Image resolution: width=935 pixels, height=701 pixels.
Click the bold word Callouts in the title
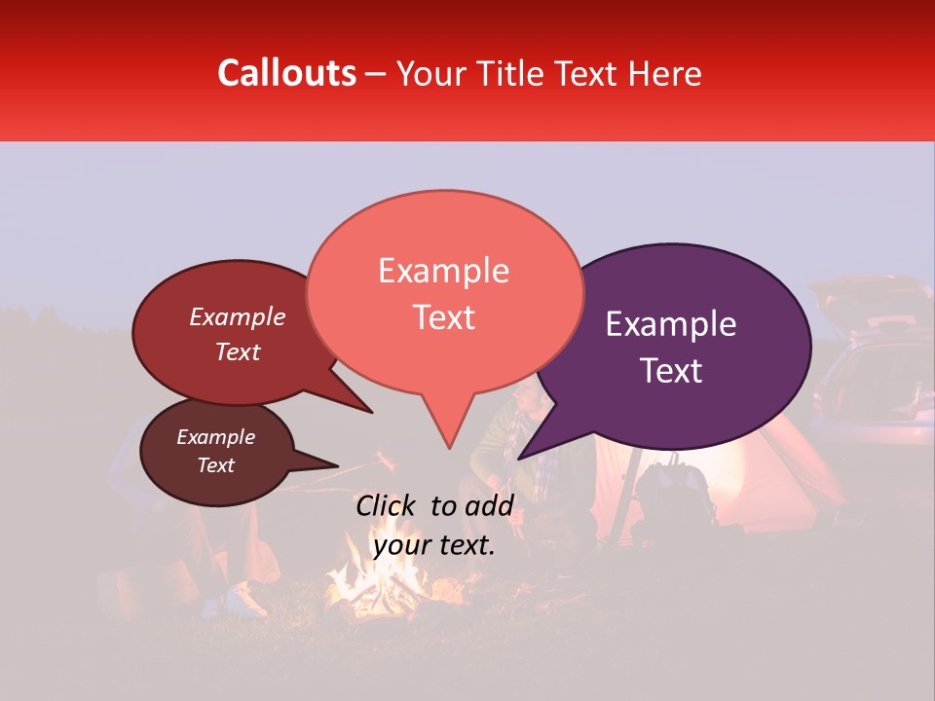pos(286,73)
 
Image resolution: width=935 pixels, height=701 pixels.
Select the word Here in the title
pos(663,74)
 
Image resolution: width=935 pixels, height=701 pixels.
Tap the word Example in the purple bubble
pos(671,324)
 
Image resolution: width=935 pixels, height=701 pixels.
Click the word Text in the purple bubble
pos(671,370)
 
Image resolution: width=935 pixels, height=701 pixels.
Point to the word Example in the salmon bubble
pos(443,271)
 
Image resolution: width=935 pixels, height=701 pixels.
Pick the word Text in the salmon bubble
pos(443,317)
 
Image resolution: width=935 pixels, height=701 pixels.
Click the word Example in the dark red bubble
pos(238,316)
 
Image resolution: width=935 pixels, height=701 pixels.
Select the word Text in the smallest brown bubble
pos(216,465)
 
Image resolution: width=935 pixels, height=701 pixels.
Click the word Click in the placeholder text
pos(388,505)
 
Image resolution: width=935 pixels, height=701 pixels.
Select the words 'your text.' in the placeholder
pos(434,545)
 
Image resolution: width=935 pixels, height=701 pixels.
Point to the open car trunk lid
pos(867,292)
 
